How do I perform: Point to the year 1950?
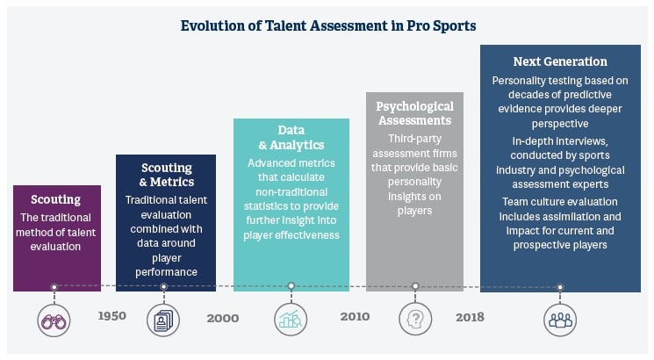coord(111,316)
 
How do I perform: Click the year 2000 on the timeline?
coord(223,318)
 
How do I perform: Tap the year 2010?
coord(355,316)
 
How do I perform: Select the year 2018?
coord(470,316)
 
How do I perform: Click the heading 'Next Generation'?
coord(560,61)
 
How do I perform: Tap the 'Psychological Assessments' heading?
coord(414,113)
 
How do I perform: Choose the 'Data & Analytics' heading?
coord(291,137)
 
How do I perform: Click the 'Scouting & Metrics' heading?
coord(167,174)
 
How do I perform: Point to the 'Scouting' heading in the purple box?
coord(55,199)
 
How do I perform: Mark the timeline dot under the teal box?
coord(291,285)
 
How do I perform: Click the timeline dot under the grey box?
coord(415,285)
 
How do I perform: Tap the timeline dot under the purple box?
coord(54,286)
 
